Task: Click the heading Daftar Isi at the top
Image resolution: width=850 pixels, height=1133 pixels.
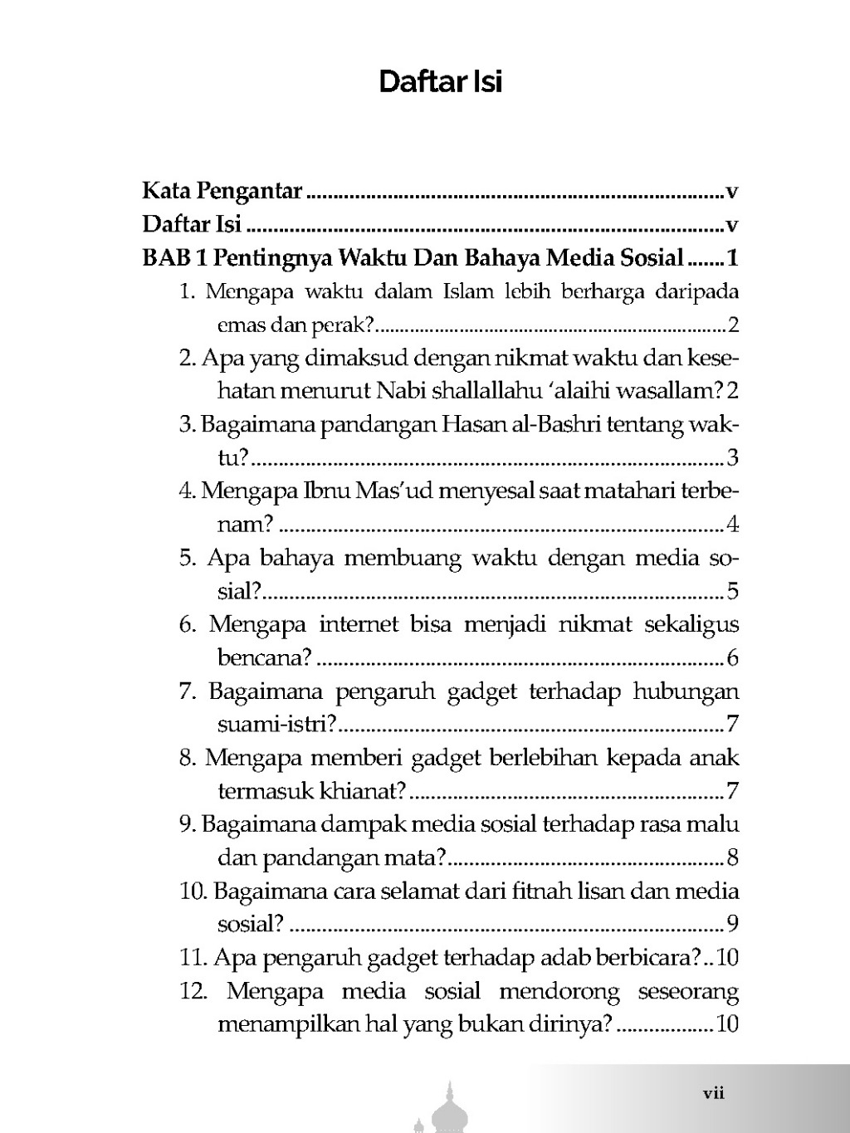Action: tap(440, 82)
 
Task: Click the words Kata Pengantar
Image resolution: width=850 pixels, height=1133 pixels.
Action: tap(222, 192)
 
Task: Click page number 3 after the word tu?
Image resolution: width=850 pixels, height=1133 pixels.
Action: tap(732, 457)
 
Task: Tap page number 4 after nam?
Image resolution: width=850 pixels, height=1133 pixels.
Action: tap(732, 525)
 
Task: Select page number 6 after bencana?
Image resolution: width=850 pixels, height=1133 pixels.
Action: tap(732, 658)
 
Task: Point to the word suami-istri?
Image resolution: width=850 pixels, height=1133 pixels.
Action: tap(276, 725)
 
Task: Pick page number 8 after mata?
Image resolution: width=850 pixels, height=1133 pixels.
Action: tap(732, 857)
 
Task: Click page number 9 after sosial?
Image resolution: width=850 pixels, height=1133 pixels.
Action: tap(732, 924)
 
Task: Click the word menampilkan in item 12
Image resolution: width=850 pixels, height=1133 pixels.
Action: tap(278, 1024)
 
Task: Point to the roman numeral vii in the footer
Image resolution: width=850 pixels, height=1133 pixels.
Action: tap(714, 1093)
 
